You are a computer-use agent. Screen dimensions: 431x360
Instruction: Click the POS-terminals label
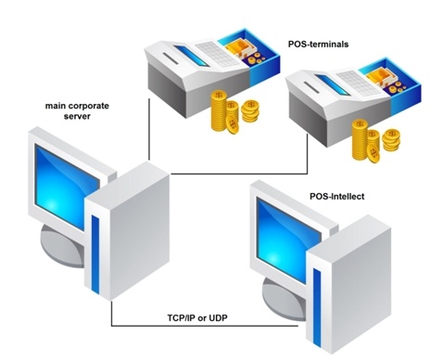click(318, 45)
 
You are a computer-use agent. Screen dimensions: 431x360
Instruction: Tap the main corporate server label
click(77, 110)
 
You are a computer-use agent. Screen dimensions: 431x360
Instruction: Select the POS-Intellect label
click(337, 197)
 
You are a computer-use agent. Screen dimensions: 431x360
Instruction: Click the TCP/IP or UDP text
click(197, 317)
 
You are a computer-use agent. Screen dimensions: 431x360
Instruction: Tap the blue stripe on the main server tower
click(95, 254)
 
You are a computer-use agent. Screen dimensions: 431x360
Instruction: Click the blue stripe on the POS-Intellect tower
click(317, 308)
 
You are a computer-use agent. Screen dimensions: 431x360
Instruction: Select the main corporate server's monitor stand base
click(61, 248)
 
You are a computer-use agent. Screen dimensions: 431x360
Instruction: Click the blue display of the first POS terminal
click(191, 56)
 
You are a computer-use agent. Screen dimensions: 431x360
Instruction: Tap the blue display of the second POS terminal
click(333, 84)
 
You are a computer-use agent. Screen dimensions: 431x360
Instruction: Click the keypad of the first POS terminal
click(217, 53)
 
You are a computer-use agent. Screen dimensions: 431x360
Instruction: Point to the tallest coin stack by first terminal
click(219, 110)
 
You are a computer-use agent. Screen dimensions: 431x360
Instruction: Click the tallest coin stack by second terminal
click(360, 139)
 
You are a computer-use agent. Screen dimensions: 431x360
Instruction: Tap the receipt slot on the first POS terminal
click(171, 58)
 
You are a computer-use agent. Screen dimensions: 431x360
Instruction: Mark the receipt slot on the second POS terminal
click(312, 87)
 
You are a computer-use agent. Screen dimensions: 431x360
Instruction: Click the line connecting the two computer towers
click(204, 326)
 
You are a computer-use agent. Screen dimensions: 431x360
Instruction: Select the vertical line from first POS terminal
click(149, 129)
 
